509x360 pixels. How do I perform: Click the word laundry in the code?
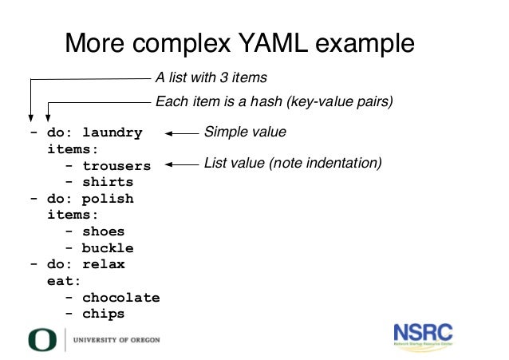112,133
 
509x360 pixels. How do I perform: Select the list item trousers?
116,166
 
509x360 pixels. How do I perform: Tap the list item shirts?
108,182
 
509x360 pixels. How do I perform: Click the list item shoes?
104,231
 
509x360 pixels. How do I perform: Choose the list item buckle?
108,248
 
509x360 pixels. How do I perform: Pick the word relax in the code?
104,264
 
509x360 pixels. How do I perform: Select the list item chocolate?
121,298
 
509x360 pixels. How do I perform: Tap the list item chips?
104,314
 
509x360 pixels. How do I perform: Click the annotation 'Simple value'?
245,132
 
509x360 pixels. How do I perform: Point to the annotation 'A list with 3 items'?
211,78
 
